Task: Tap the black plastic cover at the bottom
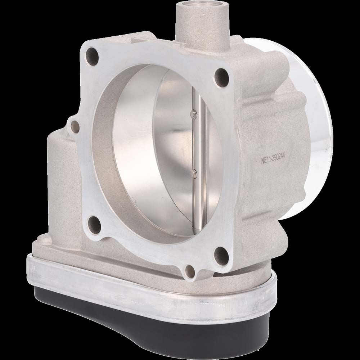click(144, 324)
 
